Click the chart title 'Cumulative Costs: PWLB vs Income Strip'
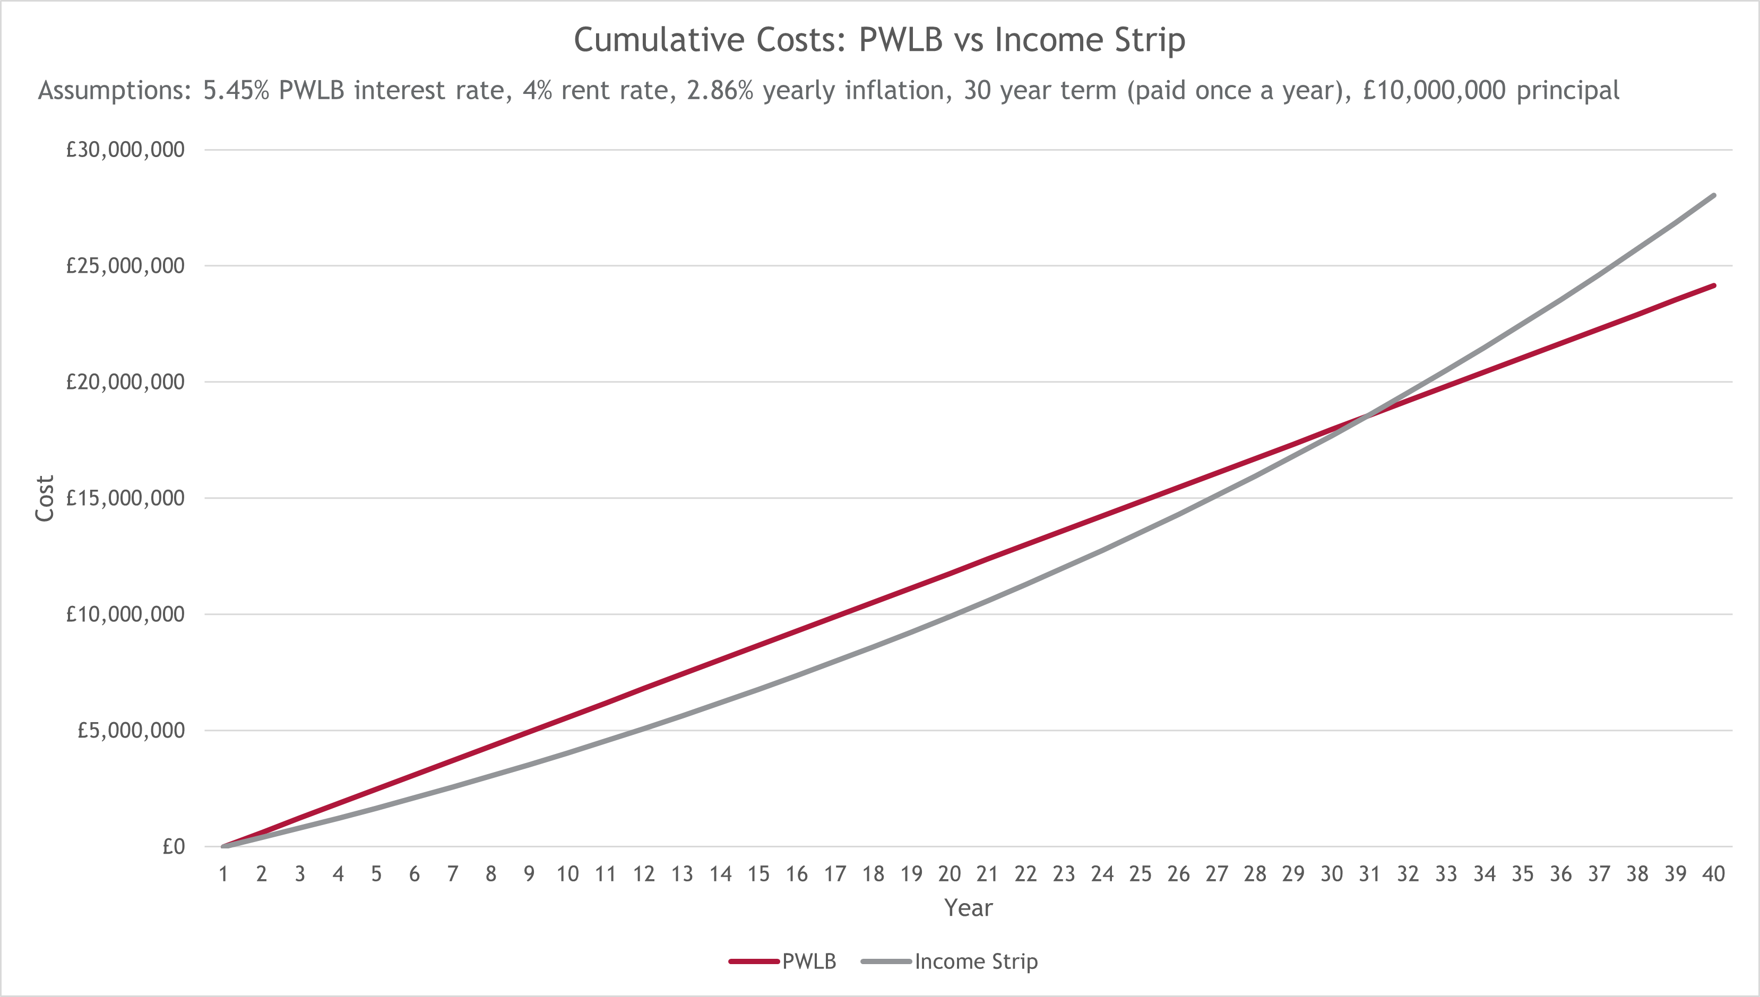tap(879, 40)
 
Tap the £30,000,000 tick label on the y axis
tap(125, 149)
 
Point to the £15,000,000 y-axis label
tap(125, 498)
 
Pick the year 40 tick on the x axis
tap(1713, 874)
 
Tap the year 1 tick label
tap(223, 874)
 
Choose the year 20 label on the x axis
tap(949, 874)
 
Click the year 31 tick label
tap(1370, 874)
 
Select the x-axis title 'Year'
tap(968, 908)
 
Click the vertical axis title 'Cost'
tap(45, 499)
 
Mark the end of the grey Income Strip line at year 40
tap(1713, 196)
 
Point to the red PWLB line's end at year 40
tap(1713, 285)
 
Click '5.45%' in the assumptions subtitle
tap(236, 90)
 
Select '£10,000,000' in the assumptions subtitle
tap(1434, 90)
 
